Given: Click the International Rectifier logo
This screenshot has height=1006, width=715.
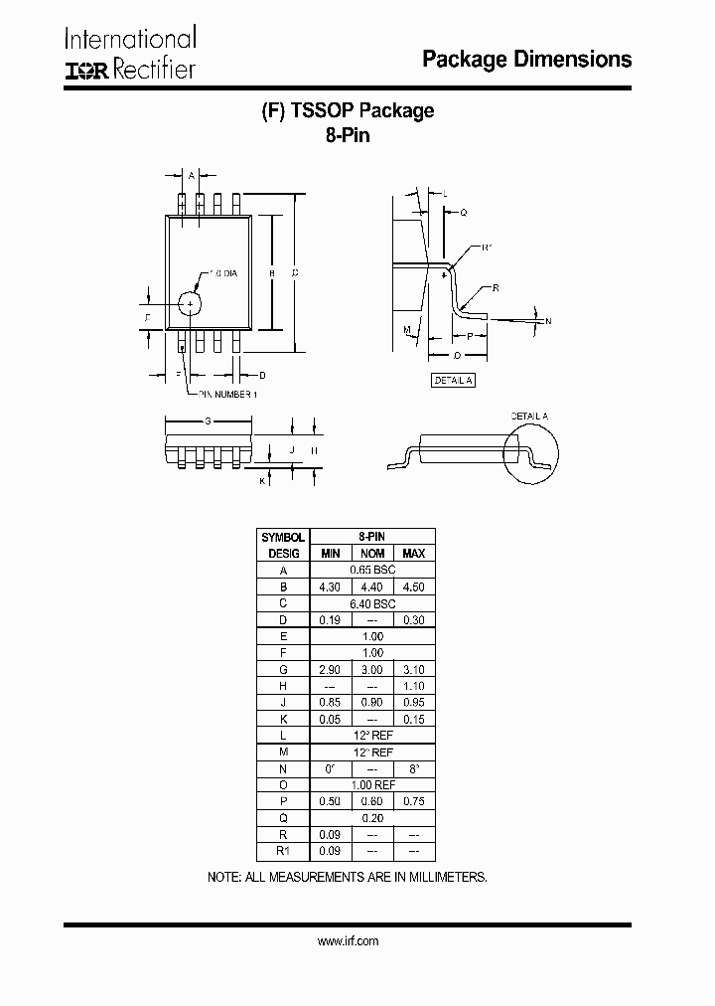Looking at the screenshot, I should (130, 54).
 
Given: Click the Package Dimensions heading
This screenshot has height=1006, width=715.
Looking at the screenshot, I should (526, 60).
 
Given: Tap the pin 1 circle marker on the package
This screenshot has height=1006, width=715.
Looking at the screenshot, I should (189, 302).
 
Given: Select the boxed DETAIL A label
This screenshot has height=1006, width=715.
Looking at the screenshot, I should (453, 381).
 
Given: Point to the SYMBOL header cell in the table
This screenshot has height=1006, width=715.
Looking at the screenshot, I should (283, 537).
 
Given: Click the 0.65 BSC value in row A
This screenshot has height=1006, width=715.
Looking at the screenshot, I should (372, 570).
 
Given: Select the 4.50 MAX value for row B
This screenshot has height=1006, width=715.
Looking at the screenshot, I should (413, 587).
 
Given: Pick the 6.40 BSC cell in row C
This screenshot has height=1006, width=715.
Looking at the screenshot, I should (372, 603).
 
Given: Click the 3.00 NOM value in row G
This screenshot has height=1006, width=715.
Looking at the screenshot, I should (372, 670).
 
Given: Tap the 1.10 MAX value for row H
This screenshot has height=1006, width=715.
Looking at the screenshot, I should (413, 686).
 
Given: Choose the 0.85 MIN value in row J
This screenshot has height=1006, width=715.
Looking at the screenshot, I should (330, 703).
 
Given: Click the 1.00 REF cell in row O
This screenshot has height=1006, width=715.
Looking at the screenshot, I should (372, 785).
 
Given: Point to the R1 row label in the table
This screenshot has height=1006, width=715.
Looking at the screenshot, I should (283, 852).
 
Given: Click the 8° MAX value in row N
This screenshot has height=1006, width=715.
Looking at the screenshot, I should (413, 768).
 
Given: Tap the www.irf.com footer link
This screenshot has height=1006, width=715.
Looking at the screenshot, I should (348, 940).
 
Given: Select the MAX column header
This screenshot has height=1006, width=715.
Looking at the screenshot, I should (413, 553).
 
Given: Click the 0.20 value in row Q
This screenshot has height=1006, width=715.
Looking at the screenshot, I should (372, 818).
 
